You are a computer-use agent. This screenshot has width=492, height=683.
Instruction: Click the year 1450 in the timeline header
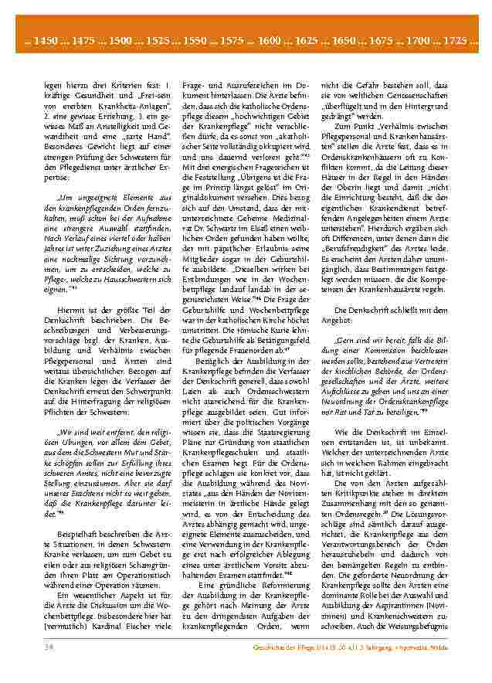tap(44, 39)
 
